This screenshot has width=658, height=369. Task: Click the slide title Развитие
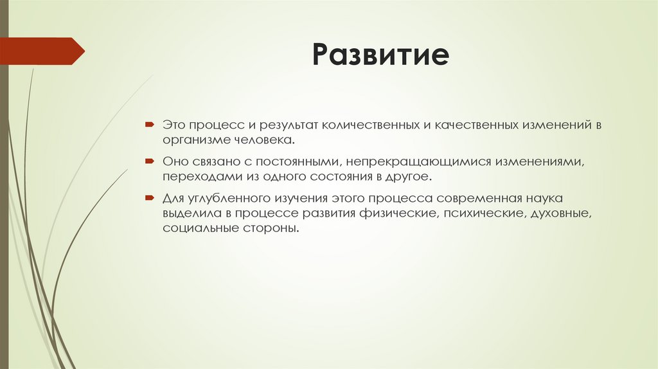(380, 55)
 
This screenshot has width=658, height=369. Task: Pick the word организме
(193, 138)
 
